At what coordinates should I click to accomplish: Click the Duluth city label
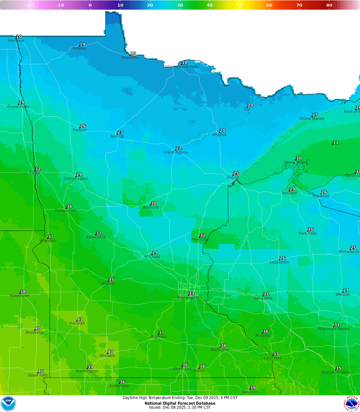[x=233, y=178]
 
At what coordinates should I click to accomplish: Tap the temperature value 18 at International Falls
[x=185, y=63]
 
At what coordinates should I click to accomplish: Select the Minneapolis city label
[x=189, y=298]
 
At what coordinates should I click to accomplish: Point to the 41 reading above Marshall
[x=80, y=319]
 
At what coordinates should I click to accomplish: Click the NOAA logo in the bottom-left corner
[x=8, y=404]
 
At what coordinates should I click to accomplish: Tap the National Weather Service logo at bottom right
[x=352, y=404]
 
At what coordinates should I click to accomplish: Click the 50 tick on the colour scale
[x=240, y=5]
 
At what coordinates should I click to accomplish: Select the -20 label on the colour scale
[x=30, y=5]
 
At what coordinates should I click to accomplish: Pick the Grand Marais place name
[x=312, y=119]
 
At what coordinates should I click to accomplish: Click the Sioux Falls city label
[x=38, y=375]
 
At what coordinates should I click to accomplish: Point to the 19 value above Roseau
[x=82, y=44]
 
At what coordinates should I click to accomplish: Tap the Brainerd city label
[x=151, y=207]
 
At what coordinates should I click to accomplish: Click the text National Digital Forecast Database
[x=180, y=403]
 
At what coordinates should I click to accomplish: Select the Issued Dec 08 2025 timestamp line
[x=180, y=407]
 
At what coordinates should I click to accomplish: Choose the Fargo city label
[x=35, y=173]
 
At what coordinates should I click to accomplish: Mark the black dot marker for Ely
[x=247, y=107]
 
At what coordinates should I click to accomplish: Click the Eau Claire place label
[x=263, y=298]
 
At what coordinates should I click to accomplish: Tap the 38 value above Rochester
[x=223, y=346]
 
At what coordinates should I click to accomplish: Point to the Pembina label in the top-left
[x=16, y=41]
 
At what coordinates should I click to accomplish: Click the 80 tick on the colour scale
[x=329, y=5]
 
